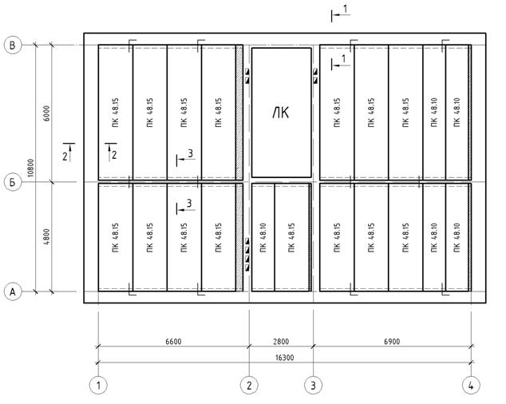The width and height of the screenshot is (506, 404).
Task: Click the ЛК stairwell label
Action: pyautogui.click(x=281, y=113)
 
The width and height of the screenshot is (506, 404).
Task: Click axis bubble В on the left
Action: pyautogui.click(x=13, y=45)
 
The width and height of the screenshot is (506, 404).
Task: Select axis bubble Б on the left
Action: pyautogui.click(x=13, y=182)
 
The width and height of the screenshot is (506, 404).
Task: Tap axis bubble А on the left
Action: pyautogui.click(x=13, y=291)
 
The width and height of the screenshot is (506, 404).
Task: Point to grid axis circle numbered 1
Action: pyautogui.click(x=98, y=386)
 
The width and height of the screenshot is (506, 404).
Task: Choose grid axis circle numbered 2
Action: pyautogui.click(x=249, y=386)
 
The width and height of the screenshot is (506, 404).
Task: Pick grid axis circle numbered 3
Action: pyautogui.click(x=314, y=386)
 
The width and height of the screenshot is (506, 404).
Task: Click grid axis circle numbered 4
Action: pyautogui.click(x=471, y=386)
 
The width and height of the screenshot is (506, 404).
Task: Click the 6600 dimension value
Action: pyautogui.click(x=173, y=342)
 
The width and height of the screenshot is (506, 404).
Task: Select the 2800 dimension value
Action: pyautogui.click(x=281, y=342)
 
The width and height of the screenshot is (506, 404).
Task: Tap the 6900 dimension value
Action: pyautogui.click(x=392, y=342)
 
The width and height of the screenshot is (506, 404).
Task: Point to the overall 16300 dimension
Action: pyautogui.click(x=284, y=358)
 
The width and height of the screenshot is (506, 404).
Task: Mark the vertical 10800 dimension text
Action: pyautogui.click(x=30, y=168)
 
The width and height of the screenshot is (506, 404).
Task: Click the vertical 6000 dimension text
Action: pyautogui.click(x=47, y=113)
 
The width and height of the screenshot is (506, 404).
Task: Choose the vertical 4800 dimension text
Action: pyautogui.click(x=47, y=236)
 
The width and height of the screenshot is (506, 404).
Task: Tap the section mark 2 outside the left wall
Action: pyautogui.click(x=69, y=152)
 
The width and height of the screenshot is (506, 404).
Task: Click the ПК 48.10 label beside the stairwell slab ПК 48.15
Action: pyautogui.click(x=263, y=237)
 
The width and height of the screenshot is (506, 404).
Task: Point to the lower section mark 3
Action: pyautogui.click(x=185, y=207)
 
